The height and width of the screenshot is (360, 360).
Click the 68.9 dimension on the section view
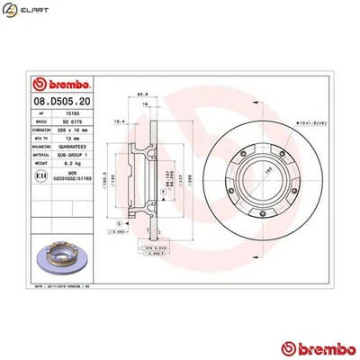(141, 94)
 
